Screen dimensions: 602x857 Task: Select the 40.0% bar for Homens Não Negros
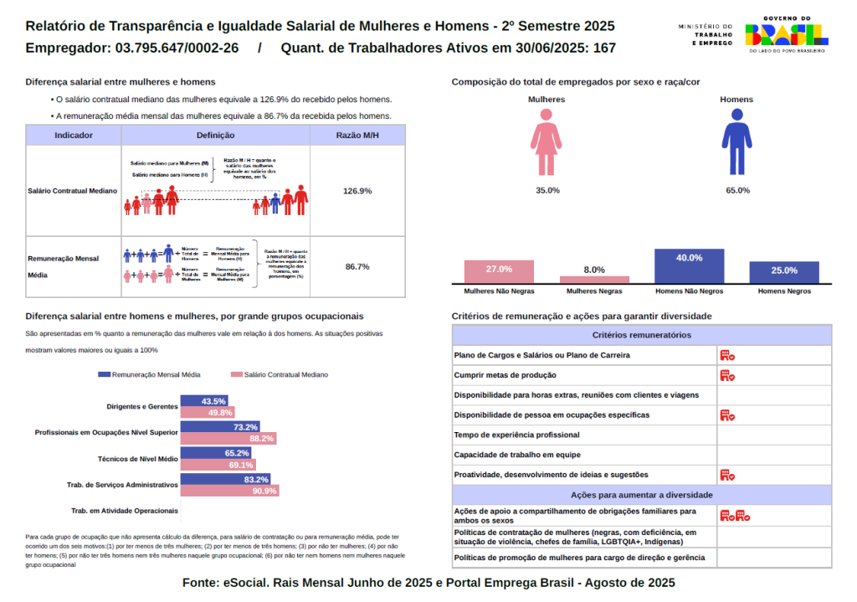coord(690,266)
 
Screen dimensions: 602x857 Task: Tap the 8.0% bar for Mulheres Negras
coord(594,279)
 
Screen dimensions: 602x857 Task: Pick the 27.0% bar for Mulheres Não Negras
coord(499,272)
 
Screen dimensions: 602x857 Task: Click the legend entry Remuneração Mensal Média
coord(150,374)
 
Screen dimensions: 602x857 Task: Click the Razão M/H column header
coord(357,135)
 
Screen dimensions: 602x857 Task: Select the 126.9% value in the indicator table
coord(357,191)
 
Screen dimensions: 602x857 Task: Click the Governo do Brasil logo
coord(787,33)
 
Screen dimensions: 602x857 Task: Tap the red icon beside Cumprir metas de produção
coord(727,375)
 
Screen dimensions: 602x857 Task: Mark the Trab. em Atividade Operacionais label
coord(125,511)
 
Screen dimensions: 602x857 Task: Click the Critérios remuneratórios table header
coord(641,335)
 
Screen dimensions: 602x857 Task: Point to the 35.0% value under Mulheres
coord(547,190)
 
